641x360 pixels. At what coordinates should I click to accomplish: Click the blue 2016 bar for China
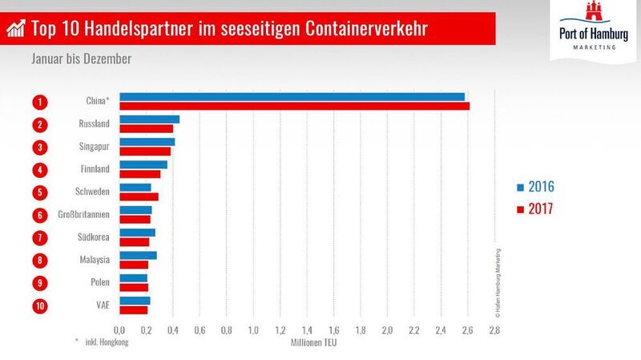292,97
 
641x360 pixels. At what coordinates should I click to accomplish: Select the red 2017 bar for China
294,106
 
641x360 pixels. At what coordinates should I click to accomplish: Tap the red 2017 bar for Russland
146,128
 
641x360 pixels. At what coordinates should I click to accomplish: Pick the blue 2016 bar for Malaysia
138,255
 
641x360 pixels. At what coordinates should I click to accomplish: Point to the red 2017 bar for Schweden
139,196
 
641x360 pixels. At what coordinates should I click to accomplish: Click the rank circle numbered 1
38,102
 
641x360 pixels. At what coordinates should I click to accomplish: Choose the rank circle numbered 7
38,237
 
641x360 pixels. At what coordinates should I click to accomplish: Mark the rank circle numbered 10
38,305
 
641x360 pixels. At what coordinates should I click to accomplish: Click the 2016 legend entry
534,187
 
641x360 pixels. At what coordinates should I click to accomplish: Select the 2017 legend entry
534,210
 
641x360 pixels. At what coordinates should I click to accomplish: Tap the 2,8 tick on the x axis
494,330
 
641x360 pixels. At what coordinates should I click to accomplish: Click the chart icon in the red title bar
15,30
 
